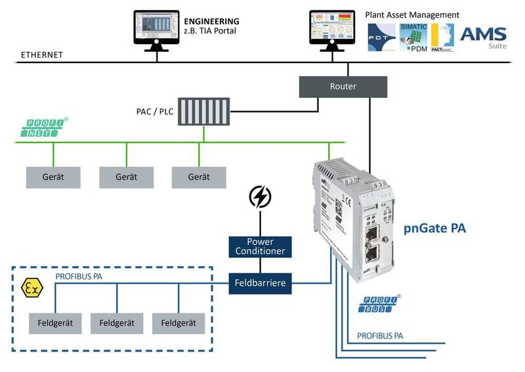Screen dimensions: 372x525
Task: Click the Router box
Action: click(343, 86)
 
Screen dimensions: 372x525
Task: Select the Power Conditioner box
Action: click(260, 246)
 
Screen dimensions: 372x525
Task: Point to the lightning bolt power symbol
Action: click(260, 197)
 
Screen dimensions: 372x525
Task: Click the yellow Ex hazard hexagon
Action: click(31, 287)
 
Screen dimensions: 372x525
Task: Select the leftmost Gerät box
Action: click(53, 177)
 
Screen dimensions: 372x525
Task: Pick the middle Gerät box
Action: click(126, 177)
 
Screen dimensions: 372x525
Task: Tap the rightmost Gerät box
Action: click(199, 177)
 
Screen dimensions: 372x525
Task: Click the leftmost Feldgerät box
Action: click(55, 323)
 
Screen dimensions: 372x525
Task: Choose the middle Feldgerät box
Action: click(117, 323)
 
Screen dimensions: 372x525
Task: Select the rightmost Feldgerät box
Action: click(178, 323)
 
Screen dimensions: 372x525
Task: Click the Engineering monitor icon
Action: click(156, 29)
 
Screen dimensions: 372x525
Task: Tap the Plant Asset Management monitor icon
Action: click(332, 29)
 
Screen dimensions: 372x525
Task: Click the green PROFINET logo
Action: click(43, 128)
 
